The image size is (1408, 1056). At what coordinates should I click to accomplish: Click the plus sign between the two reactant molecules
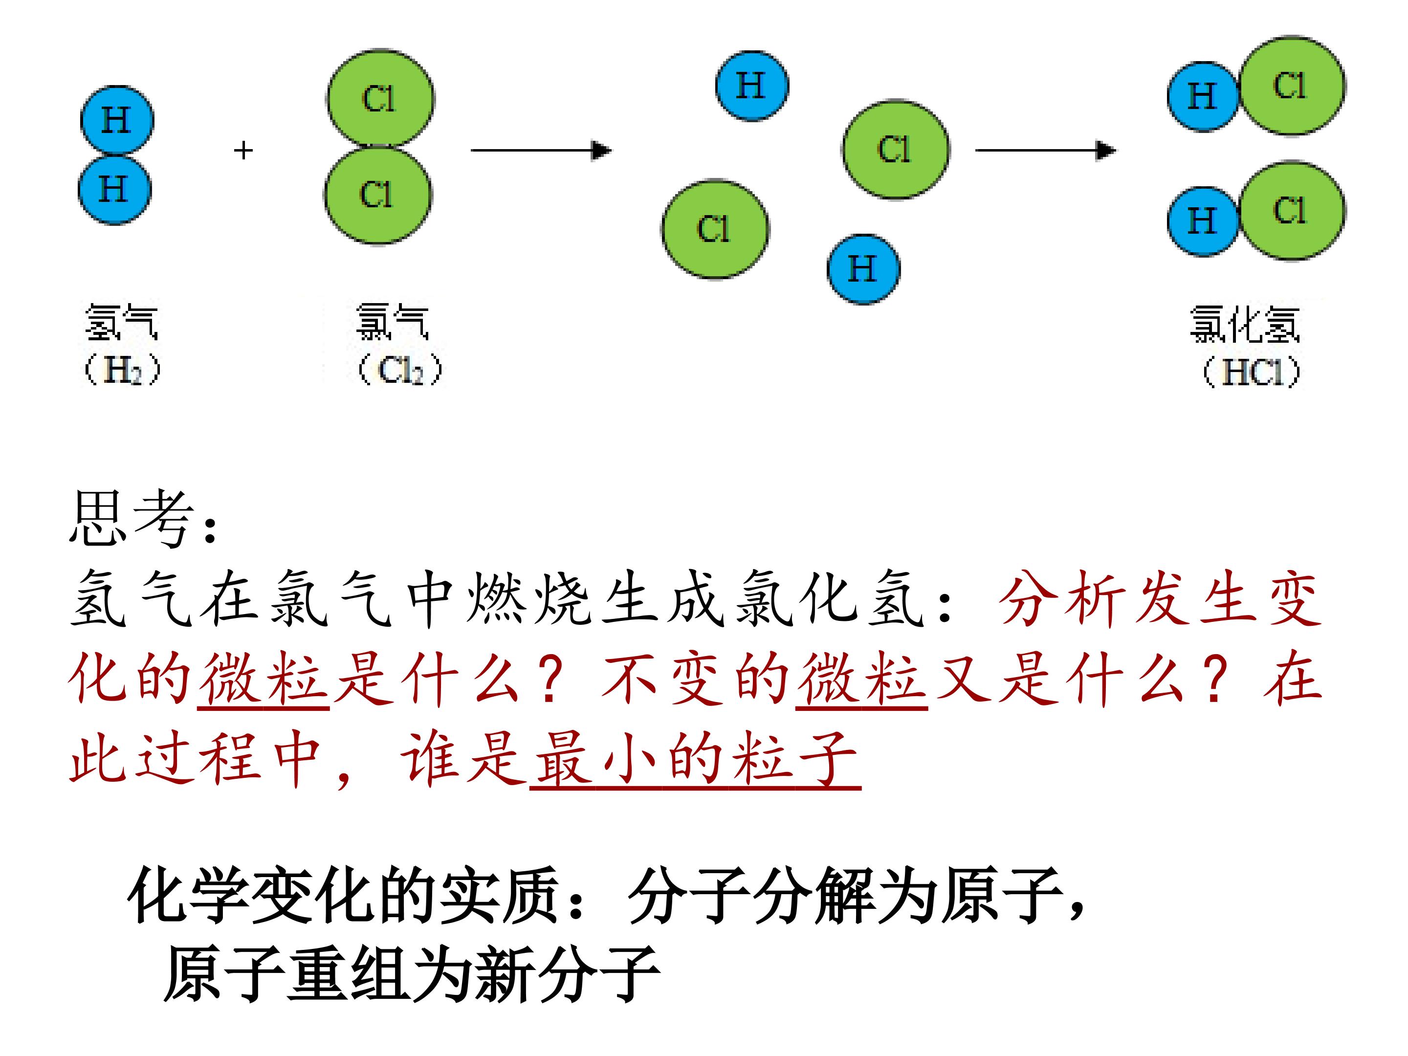click(x=243, y=150)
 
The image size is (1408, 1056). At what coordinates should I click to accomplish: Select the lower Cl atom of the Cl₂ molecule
click(x=378, y=195)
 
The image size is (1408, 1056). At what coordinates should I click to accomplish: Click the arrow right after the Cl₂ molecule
click(x=541, y=150)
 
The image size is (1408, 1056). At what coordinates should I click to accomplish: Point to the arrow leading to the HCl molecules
click(x=1046, y=150)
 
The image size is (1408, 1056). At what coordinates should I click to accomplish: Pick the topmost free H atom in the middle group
click(x=752, y=85)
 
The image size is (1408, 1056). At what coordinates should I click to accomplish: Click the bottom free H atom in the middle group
click(x=863, y=268)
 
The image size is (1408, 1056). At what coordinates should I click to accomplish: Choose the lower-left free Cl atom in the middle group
click(x=715, y=229)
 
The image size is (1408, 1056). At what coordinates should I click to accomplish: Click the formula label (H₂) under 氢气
click(x=122, y=370)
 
